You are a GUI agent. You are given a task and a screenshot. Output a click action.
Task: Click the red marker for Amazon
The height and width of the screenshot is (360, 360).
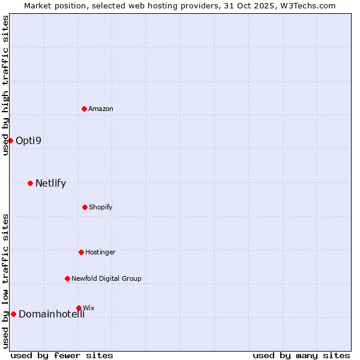[85, 109]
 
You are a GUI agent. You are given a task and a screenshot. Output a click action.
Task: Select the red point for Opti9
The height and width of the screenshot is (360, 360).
[10, 140]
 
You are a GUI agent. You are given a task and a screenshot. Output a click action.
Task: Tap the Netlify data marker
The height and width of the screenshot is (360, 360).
[30, 183]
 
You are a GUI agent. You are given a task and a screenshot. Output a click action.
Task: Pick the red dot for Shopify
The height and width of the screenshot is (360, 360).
[85, 207]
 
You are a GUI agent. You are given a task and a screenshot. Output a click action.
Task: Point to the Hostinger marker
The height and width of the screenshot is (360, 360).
[81, 252]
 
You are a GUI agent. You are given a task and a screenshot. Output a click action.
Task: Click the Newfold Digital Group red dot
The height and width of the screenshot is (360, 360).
[67, 278]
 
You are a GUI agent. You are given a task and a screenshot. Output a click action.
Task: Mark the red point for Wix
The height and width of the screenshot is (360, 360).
[79, 308]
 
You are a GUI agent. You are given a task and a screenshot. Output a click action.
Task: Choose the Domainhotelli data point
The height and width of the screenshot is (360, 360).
[13, 314]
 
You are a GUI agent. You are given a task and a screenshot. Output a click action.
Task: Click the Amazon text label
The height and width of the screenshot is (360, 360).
[101, 109]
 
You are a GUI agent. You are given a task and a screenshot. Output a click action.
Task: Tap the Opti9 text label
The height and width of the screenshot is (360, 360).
[28, 141]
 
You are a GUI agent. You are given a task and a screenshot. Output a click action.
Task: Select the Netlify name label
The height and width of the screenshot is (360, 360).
[50, 184]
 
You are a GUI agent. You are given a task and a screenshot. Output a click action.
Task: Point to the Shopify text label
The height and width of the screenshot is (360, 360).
[101, 207]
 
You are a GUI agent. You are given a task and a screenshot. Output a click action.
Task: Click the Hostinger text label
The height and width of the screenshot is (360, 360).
[100, 252]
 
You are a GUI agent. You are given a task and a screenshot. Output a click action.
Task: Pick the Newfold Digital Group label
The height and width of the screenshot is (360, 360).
[106, 278]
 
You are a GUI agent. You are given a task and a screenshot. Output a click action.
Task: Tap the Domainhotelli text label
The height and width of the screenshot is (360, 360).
[52, 314]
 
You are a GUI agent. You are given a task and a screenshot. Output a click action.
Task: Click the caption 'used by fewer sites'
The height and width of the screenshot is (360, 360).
[62, 355]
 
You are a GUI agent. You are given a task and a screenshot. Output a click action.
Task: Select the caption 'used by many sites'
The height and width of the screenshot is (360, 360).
[301, 355]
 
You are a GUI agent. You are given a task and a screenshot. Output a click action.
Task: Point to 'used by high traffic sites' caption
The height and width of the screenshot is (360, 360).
[5, 85]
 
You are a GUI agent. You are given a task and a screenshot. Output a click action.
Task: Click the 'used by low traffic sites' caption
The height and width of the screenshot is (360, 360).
[5, 281]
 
